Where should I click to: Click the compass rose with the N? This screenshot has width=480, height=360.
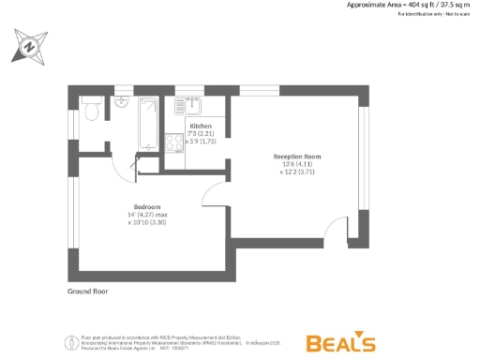[x=30, y=44]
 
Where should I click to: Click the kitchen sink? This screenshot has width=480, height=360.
[x=190, y=106]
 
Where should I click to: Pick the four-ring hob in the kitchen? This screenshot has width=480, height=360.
[x=174, y=143]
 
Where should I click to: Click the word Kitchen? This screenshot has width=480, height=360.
[x=202, y=126]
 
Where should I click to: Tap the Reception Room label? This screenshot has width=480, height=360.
[x=297, y=156]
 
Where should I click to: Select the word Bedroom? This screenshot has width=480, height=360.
[x=147, y=206]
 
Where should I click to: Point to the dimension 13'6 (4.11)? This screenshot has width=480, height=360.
[x=297, y=164]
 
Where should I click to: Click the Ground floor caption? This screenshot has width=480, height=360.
[x=87, y=292]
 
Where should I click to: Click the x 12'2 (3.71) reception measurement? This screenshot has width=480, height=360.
[x=297, y=172]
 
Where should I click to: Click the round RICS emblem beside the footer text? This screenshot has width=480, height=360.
[x=68, y=341]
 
